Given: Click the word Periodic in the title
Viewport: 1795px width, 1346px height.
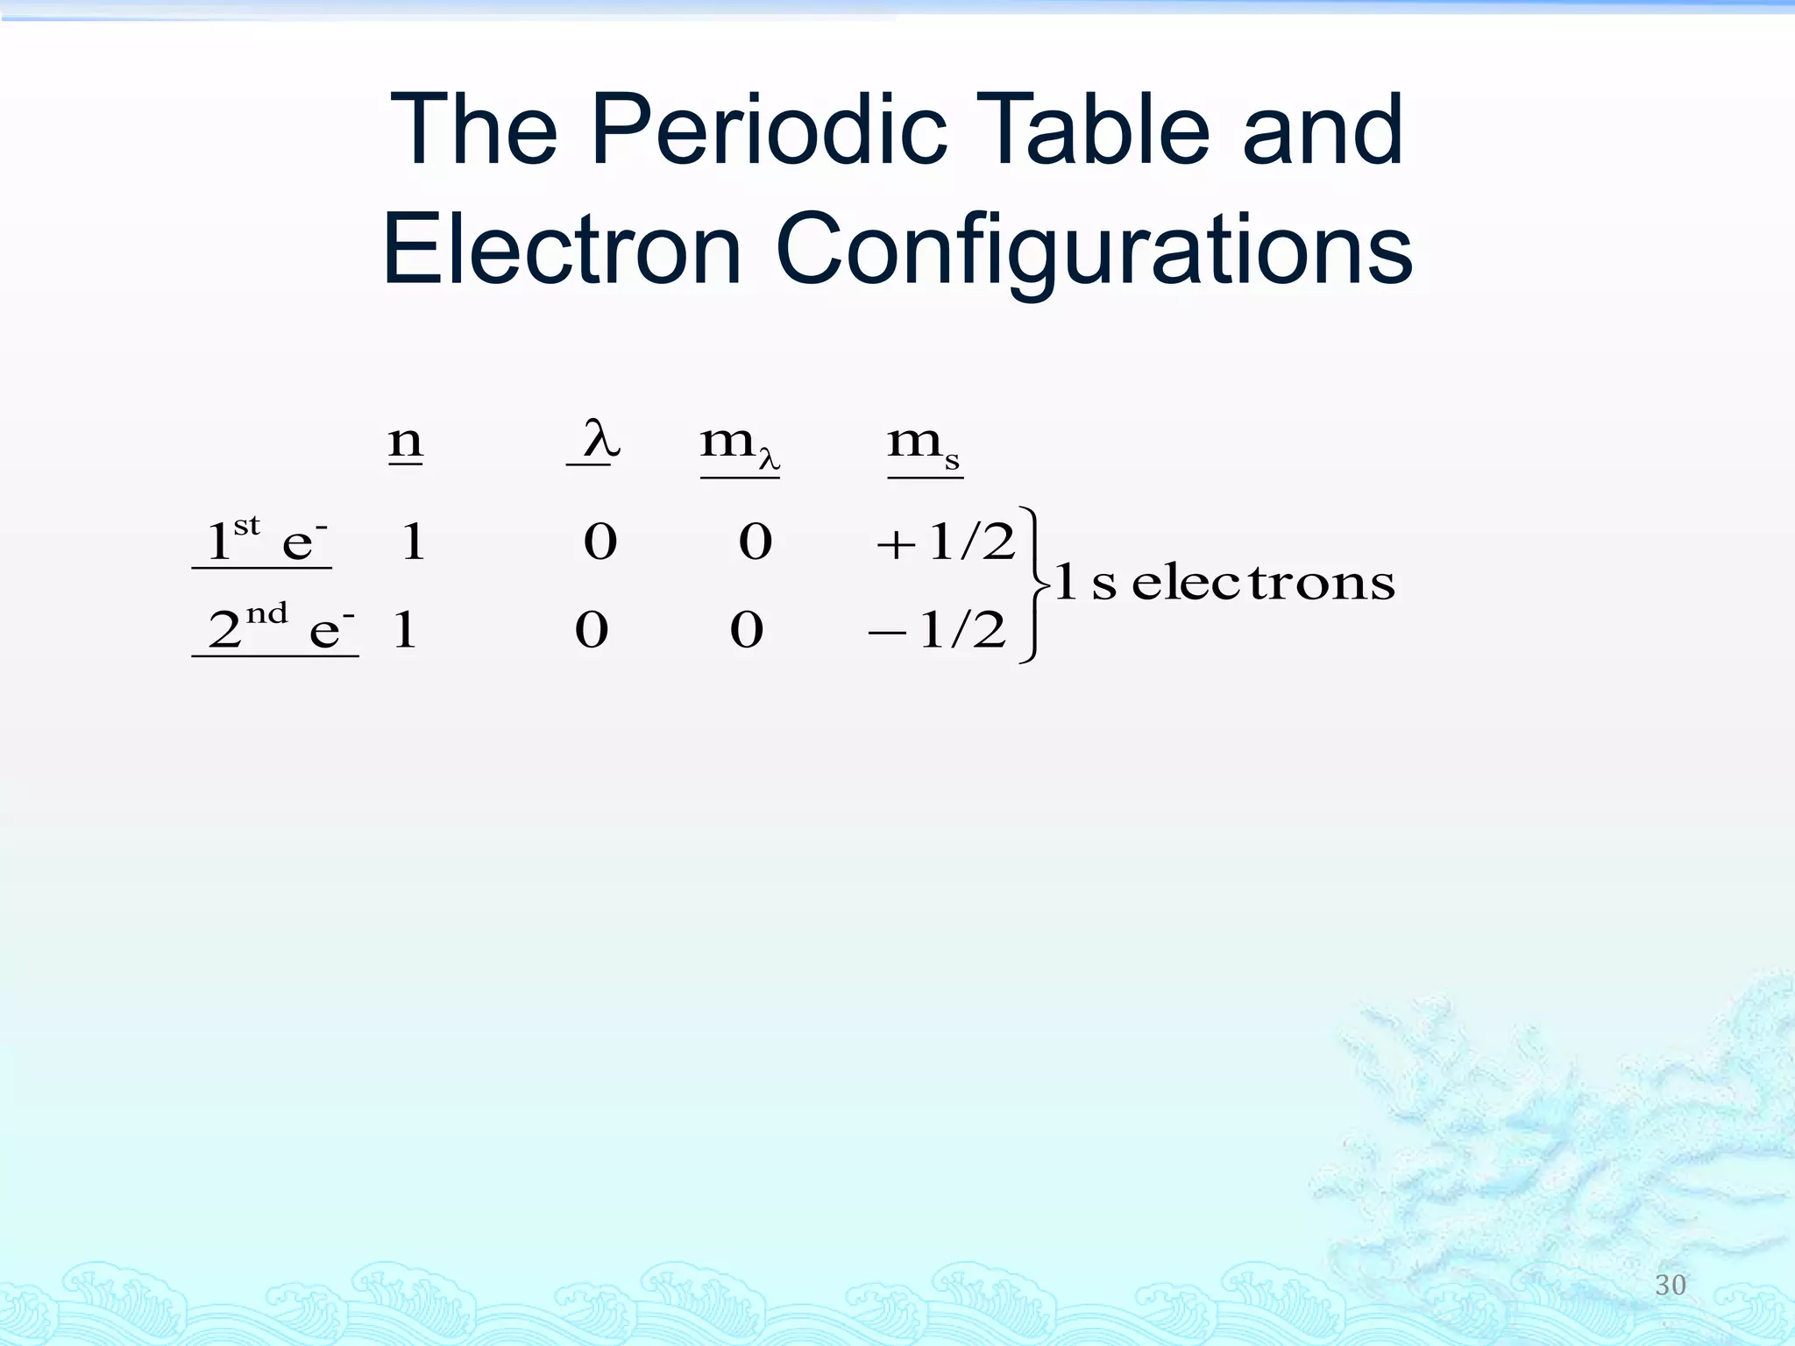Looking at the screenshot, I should [x=768, y=131].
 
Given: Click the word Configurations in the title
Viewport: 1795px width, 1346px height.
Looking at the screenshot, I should [x=1093, y=252].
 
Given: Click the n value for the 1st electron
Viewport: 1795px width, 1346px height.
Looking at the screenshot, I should [x=413, y=542].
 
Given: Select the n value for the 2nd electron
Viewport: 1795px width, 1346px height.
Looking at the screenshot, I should [x=404, y=629].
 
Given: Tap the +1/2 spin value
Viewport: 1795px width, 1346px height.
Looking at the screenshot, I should [x=946, y=542].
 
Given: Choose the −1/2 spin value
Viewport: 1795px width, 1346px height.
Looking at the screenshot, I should [x=937, y=629].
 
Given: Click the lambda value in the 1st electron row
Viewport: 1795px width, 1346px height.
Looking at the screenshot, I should [x=600, y=542].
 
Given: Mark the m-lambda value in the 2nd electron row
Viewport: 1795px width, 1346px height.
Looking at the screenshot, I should [x=747, y=629].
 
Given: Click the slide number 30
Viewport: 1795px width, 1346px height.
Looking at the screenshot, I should [x=1670, y=1285].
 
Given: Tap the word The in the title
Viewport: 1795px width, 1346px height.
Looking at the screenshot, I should [x=473, y=131].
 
